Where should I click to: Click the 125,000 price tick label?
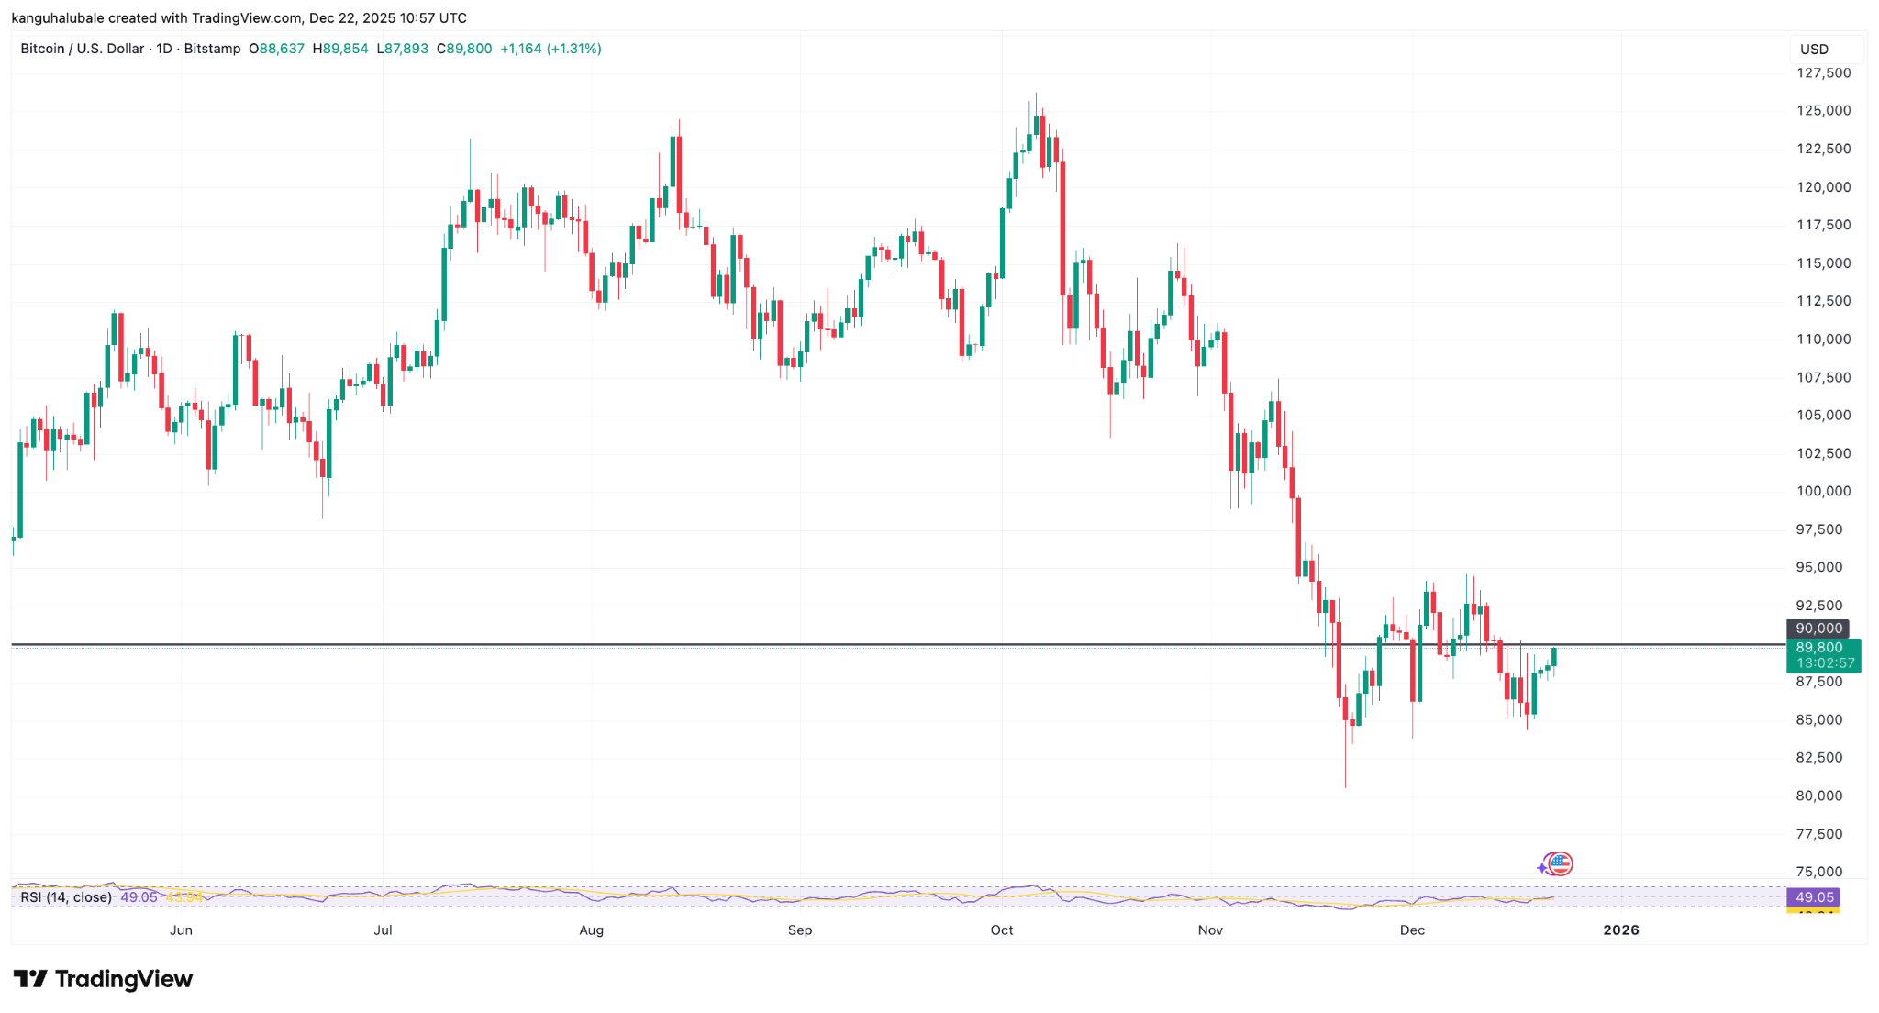1823,111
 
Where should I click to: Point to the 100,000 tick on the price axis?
1823,492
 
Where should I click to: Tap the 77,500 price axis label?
1823,834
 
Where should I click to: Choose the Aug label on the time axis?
592,930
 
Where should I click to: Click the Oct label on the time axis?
1002,930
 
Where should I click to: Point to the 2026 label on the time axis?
1620,930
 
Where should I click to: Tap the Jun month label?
181,930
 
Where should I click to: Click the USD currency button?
1814,50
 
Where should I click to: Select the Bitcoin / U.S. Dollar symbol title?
83,49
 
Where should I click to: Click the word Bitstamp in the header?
212,49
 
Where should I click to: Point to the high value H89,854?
340,49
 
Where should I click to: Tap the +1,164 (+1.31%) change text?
550,49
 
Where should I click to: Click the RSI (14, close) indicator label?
66,897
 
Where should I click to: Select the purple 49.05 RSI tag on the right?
1814,897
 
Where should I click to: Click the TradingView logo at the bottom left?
103,979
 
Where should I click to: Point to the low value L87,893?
402,49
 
